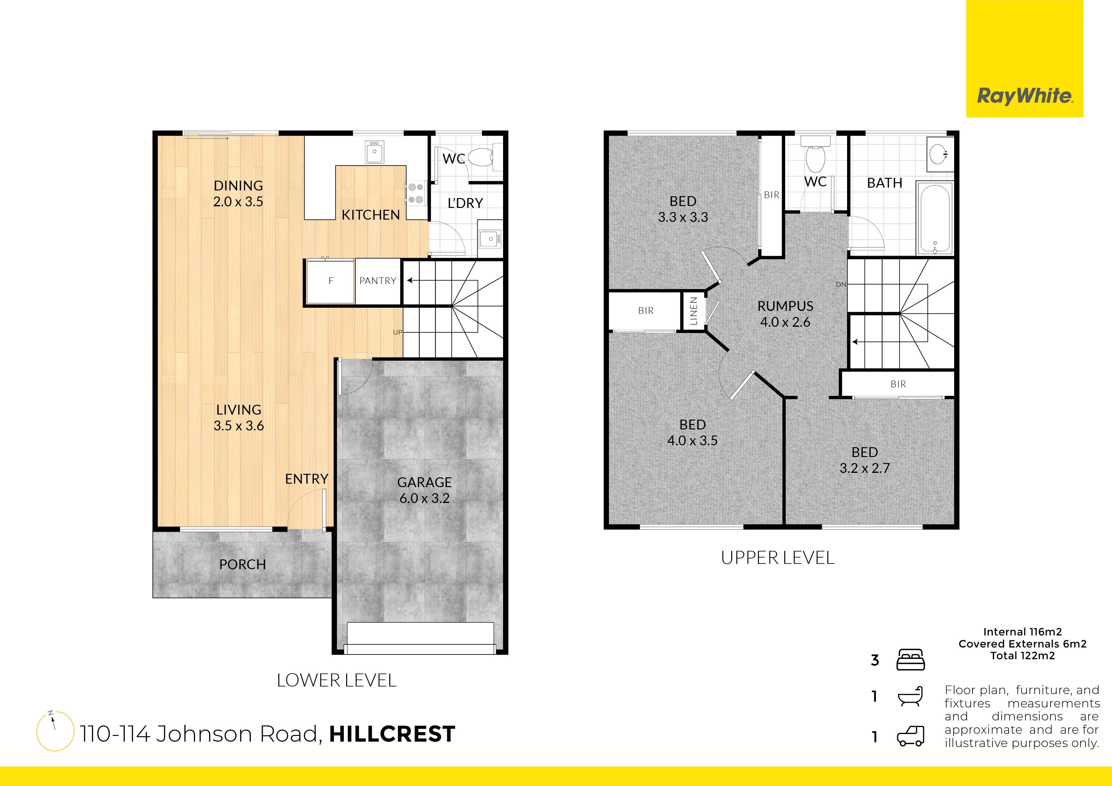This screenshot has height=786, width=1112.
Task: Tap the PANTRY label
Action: coord(378,281)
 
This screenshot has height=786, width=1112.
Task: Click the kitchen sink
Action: coord(374,152)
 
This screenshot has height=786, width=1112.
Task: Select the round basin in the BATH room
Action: coord(939,154)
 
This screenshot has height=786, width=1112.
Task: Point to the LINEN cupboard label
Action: coord(694,311)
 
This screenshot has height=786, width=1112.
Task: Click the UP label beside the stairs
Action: coord(397,332)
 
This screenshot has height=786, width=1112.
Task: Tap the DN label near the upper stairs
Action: coord(841,284)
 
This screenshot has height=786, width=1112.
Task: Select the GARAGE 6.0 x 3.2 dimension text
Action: coord(424,498)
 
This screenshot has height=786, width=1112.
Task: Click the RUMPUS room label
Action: coord(785,306)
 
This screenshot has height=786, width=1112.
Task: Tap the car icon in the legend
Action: coord(910,736)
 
